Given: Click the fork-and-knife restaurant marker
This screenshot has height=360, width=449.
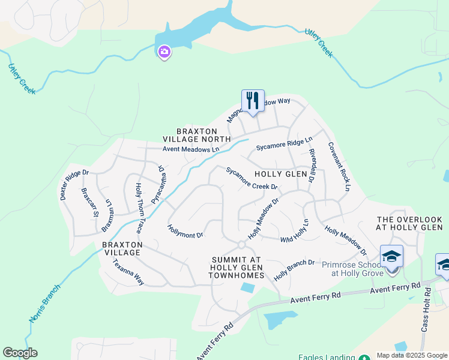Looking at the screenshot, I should pos(253,101).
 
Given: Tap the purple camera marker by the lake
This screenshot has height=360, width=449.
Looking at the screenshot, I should pos(164,53).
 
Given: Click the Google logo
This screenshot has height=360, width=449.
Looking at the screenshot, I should pos(20,353).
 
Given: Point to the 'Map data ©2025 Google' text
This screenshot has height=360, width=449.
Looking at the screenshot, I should pos(412,355).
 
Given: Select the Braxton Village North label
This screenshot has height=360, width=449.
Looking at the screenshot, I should pos(203,135).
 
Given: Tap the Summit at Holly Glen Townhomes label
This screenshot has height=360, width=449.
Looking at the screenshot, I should pos(237,267).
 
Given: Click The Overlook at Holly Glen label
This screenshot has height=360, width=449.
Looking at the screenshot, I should pos(409,223).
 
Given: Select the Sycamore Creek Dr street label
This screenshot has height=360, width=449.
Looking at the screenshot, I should pos(252,178).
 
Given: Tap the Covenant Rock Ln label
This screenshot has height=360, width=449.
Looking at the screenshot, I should pos(339,166).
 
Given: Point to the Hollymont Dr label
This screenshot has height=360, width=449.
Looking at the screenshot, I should pos(185,231).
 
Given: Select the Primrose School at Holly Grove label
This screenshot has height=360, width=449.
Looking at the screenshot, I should pos(351,269).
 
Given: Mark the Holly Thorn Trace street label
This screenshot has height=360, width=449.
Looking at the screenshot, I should pos(139,208).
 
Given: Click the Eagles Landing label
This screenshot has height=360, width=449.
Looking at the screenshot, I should pos(328,356).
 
